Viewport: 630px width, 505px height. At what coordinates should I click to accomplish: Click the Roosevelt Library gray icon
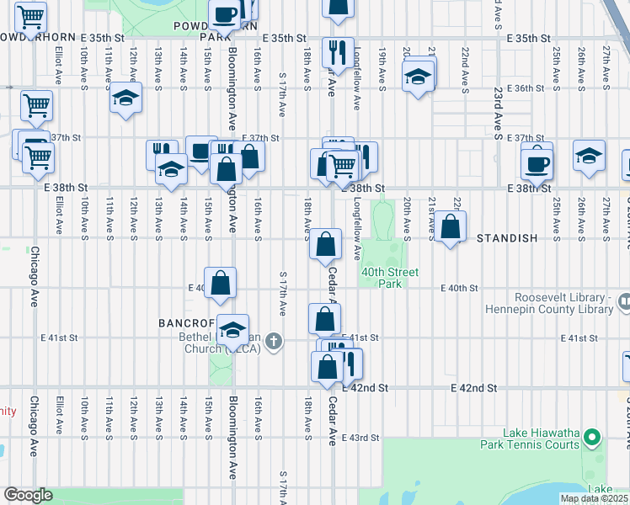click(x=623, y=300)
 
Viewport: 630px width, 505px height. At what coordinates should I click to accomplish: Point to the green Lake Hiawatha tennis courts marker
click(x=592, y=437)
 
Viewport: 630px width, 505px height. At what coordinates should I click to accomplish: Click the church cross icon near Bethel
click(x=273, y=341)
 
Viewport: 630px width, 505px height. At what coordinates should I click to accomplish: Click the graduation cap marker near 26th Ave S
click(x=589, y=156)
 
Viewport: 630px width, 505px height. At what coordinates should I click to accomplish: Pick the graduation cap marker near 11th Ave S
click(x=125, y=98)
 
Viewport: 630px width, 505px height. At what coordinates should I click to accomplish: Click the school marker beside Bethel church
click(x=232, y=332)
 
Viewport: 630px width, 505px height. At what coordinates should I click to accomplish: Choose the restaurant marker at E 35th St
click(x=339, y=53)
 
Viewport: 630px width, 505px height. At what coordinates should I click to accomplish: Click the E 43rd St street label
click(x=364, y=439)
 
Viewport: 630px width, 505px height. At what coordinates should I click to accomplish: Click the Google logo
click(x=28, y=495)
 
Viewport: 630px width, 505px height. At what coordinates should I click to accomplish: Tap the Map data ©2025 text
click(x=595, y=499)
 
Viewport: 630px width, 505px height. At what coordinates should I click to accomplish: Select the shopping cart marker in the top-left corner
click(x=30, y=17)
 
